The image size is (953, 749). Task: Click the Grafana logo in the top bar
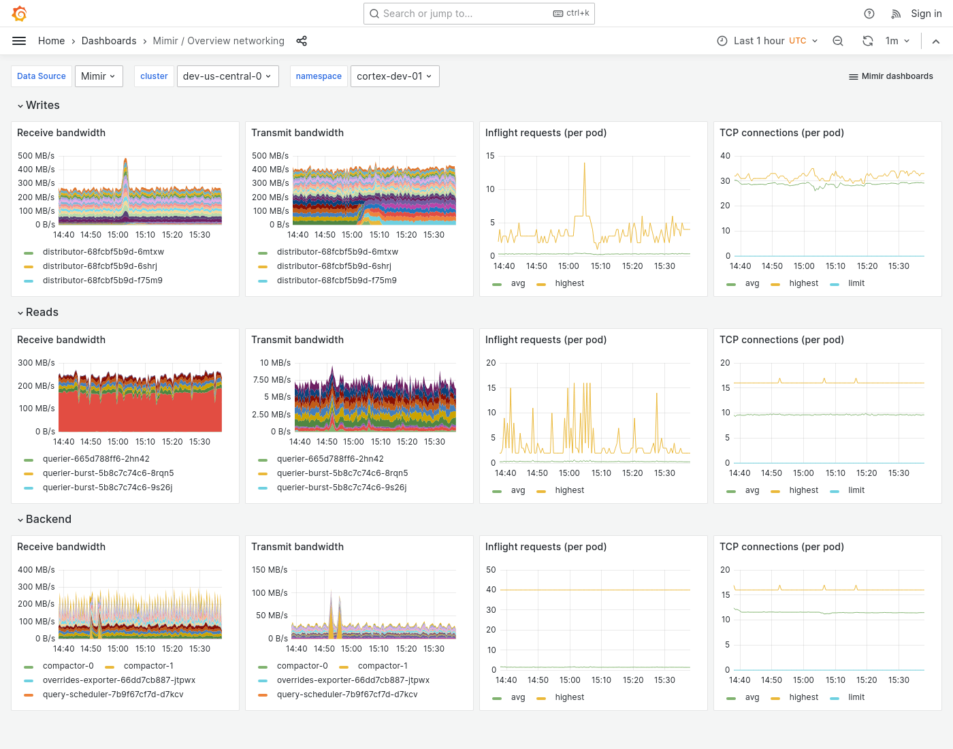pos(20,14)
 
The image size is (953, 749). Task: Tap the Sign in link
pos(926,14)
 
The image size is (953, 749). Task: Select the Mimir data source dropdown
pos(99,76)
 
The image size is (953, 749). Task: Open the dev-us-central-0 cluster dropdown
pos(227,76)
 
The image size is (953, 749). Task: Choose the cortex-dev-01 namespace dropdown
pos(394,76)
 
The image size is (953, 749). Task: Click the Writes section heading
pos(42,106)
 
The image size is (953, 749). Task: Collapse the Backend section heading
pos(48,520)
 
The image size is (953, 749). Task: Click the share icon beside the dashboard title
pos(302,41)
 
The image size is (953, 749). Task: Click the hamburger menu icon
pos(19,41)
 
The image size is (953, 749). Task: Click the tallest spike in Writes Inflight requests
pos(584,164)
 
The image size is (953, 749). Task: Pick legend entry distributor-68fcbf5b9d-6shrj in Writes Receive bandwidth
pos(99,266)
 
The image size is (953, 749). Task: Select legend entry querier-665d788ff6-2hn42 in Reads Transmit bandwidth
pos(330,459)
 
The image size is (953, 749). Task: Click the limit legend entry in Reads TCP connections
pos(856,490)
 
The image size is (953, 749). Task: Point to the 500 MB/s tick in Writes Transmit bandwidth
pos(270,156)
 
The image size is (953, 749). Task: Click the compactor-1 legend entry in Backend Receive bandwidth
pos(148,666)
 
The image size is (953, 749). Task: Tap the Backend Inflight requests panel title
pos(545,547)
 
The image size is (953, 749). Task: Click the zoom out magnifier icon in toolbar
pos(838,41)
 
